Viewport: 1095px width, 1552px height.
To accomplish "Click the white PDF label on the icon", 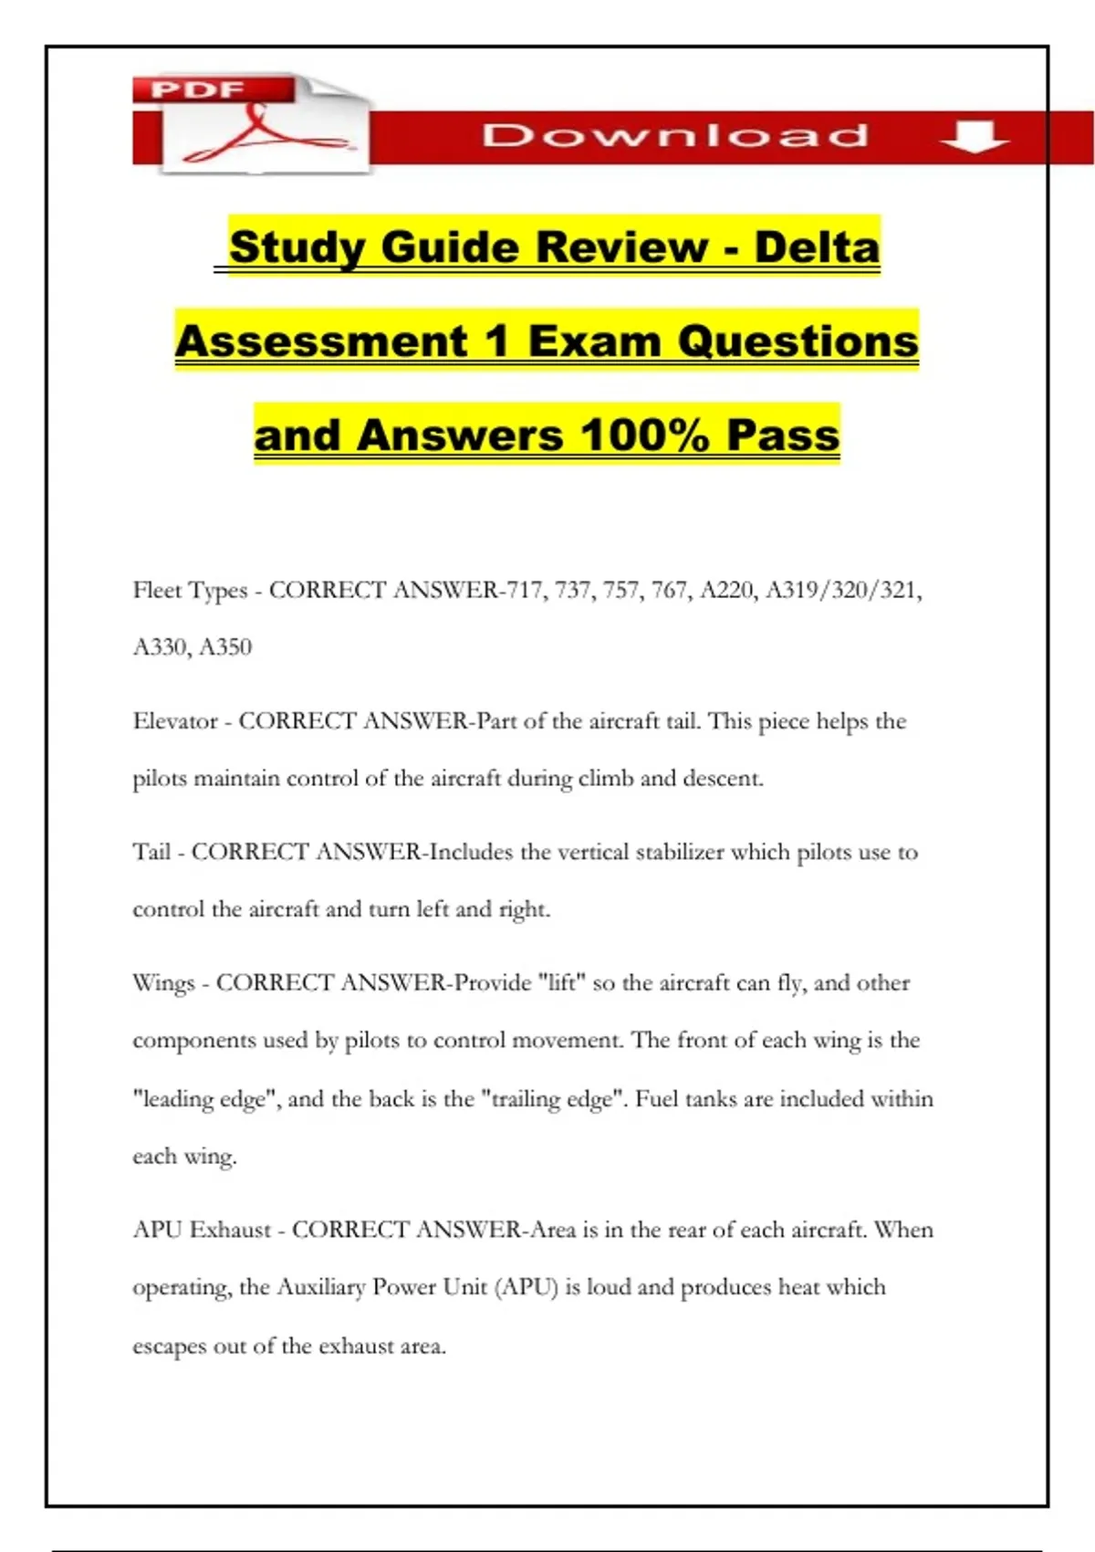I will (197, 90).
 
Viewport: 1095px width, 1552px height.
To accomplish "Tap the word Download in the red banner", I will (675, 136).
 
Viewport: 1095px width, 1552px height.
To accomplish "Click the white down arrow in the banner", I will (975, 137).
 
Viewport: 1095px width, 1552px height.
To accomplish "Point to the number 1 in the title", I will (496, 341).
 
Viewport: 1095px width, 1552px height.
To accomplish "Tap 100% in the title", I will (644, 435).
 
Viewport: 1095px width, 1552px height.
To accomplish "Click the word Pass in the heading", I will (783, 435).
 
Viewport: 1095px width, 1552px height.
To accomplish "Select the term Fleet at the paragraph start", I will (157, 591).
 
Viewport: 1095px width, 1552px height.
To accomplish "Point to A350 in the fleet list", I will (225, 647).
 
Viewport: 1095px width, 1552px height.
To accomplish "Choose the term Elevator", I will (175, 721).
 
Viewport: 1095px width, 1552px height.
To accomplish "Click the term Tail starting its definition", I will (151, 852).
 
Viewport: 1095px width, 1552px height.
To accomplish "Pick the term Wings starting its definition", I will (163, 983).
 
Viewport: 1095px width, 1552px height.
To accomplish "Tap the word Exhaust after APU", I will (230, 1230).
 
